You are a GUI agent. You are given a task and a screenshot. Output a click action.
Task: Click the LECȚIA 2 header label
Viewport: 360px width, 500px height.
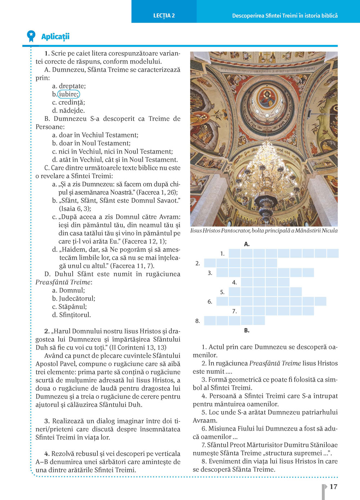pos(164,15)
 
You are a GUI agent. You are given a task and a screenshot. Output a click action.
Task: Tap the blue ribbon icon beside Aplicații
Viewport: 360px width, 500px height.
pos(31,36)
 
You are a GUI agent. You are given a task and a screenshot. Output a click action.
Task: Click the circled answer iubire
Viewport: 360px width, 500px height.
pos(68,94)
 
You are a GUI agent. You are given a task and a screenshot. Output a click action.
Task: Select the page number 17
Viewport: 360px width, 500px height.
pos(333,487)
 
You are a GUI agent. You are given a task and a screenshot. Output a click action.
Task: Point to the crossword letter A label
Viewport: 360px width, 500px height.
pos(247,244)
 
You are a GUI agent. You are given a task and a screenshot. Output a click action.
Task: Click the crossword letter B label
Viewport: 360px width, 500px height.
pos(247,330)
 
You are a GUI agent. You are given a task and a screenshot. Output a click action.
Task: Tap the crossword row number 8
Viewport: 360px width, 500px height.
pos(197,321)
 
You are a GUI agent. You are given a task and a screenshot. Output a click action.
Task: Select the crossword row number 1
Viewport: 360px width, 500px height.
pos(222,254)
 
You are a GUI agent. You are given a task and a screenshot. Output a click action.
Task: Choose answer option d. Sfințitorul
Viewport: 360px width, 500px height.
pos(71,315)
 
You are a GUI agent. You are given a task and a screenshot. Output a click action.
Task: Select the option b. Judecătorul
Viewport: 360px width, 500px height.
pos(73,299)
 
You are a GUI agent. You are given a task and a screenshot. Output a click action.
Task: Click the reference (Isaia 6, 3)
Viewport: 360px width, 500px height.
pos(75,209)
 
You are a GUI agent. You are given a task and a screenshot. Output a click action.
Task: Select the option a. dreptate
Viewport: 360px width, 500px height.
pos(69,86)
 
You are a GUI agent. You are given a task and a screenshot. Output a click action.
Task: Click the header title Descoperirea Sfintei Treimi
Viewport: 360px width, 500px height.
pos(285,15)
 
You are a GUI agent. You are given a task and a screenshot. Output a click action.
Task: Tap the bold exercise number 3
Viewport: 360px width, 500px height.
pos(47,421)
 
